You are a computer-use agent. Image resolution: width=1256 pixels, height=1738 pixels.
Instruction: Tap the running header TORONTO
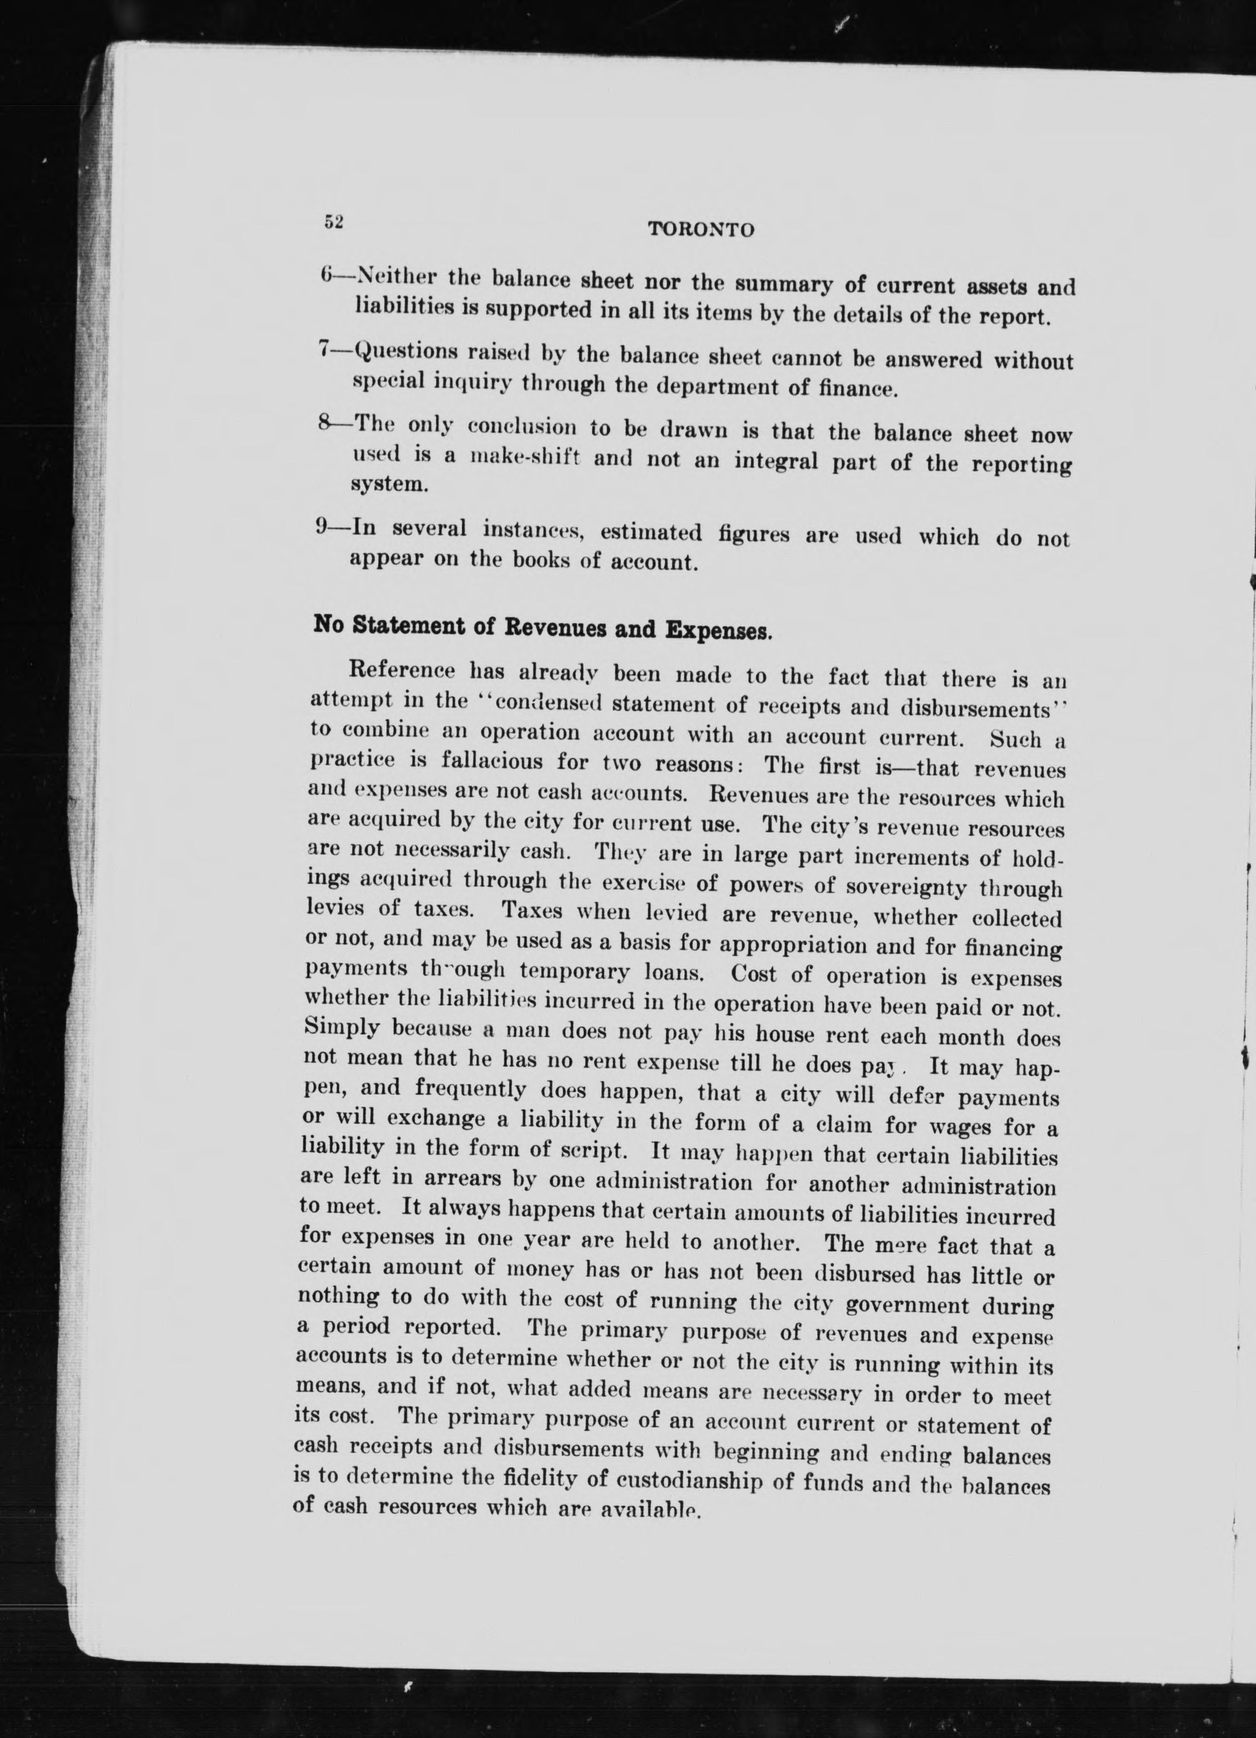coord(701,229)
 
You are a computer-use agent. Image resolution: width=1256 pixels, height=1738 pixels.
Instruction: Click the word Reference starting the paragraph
coord(401,670)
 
